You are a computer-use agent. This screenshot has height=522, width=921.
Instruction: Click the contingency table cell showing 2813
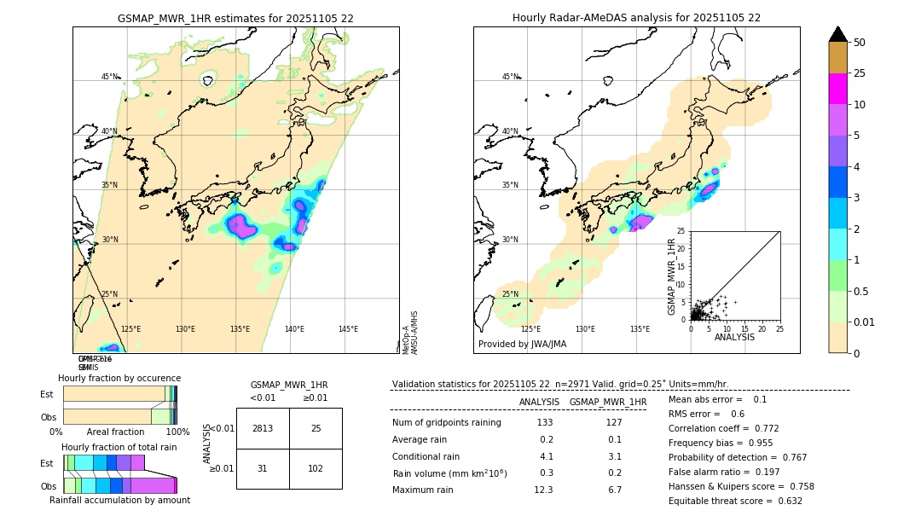pyautogui.click(x=263, y=428)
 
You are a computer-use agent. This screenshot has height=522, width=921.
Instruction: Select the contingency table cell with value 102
pyautogui.click(x=316, y=467)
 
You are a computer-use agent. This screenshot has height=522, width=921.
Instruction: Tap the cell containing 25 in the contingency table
pyautogui.click(x=316, y=428)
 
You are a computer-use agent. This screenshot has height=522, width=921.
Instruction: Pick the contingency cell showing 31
pyautogui.click(x=263, y=467)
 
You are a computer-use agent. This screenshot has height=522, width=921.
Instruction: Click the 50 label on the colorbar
pyautogui.click(x=860, y=43)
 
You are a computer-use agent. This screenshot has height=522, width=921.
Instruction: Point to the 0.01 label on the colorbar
pyautogui.click(x=865, y=322)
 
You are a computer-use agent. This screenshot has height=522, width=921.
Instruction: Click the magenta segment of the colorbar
pyautogui.click(x=837, y=89)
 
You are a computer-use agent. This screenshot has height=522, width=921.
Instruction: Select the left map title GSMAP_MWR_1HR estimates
pyautogui.click(x=235, y=18)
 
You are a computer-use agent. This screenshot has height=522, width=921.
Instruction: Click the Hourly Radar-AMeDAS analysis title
pyautogui.click(x=636, y=18)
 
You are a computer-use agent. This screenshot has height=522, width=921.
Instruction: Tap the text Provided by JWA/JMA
pyautogui.click(x=522, y=345)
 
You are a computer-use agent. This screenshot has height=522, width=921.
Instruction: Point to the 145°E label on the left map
pyautogui.click(x=348, y=329)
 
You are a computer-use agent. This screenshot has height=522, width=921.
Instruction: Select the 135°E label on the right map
pyautogui.click(x=640, y=329)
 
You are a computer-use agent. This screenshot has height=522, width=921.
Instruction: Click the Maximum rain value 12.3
pyautogui.click(x=543, y=490)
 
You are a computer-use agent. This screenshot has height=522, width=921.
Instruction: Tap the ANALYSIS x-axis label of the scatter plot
pyautogui.click(x=734, y=338)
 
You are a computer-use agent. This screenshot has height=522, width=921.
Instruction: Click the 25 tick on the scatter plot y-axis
pyautogui.click(x=681, y=231)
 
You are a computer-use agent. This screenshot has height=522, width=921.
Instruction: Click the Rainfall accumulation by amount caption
pyautogui.click(x=119, y=501)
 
